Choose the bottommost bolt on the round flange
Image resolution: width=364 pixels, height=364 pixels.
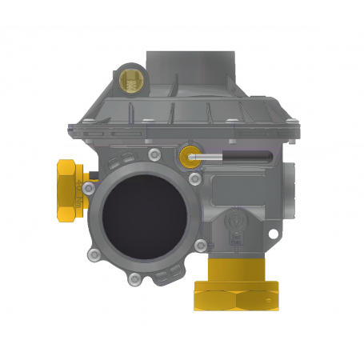point(134,278)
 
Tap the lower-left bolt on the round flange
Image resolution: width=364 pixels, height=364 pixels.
point(95,255)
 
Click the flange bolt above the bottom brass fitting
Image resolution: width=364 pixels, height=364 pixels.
point(201,245)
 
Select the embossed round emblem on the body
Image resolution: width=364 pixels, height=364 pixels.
point(237,219)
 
